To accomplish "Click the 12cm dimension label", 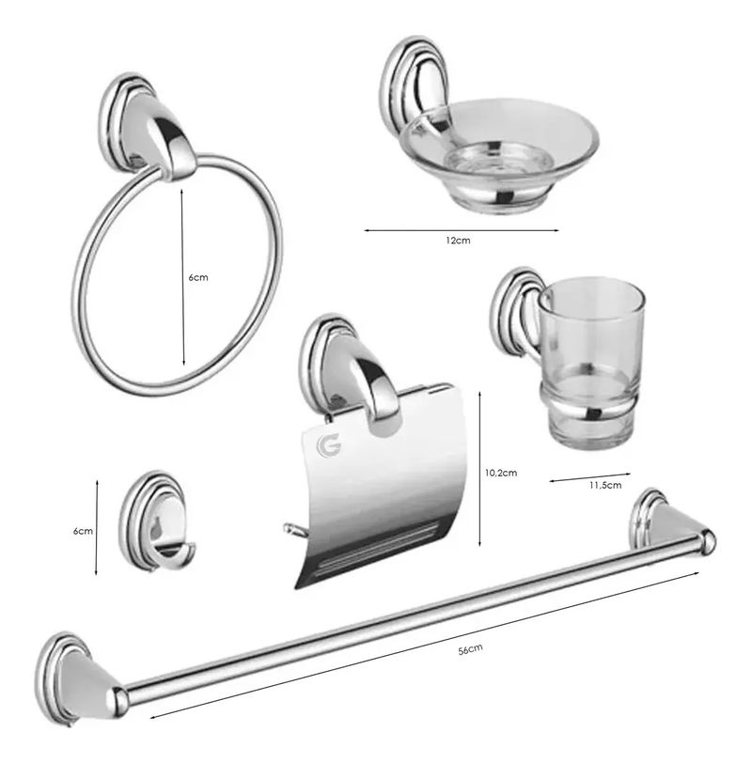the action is [x=458, y=241].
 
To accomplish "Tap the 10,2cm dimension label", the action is [x=501, y=473].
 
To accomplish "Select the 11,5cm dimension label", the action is [x=605, y=485].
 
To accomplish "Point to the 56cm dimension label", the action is [x=470, y=649].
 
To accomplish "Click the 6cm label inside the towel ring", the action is [x=198, y=277].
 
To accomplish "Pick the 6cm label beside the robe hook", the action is [x=83, y=531].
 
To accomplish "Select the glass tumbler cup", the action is [x=591, y=363].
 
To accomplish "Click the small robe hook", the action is [x=157, y=521].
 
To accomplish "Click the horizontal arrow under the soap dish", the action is [x=462, y=230].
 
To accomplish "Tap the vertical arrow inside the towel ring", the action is [x=183, y=277].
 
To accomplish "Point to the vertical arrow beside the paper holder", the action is [x=479, y=469].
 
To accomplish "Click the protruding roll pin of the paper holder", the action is [x=293, y=530].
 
